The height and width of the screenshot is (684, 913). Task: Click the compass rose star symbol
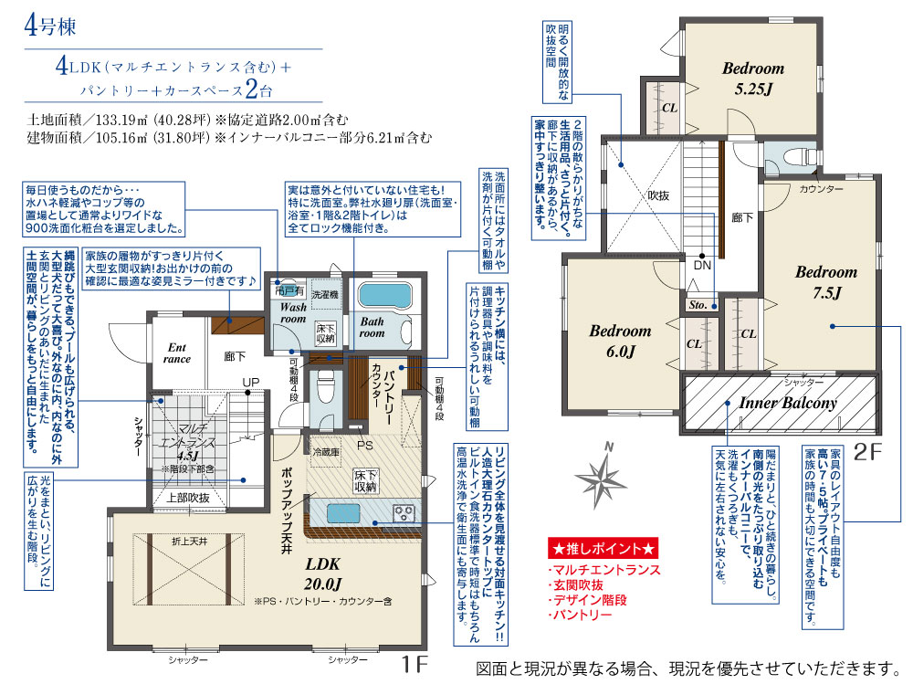(601, 479)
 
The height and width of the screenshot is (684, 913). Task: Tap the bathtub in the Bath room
(385, 295)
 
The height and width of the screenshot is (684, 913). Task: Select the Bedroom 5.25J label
(753, 78)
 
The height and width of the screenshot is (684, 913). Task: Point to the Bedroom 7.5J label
(826, 282)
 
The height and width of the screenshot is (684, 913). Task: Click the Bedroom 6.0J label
(620, 341)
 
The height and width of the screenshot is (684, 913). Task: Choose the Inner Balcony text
(788, 403)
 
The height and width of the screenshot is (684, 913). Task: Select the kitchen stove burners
(404, 513)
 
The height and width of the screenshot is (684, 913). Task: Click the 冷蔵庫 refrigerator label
(327, 451)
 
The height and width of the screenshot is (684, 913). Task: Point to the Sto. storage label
(698, 305)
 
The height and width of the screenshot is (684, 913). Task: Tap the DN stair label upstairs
(702, 265)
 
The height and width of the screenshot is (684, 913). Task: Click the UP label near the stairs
(251, 383)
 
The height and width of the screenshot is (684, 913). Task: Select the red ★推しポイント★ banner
(603, 548)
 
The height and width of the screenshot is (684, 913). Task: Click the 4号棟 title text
(50, 26)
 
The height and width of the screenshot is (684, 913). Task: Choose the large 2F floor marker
(867, 451)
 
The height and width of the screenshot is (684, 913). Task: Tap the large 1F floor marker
(414, 664)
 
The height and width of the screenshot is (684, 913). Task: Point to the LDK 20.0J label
(322, 574)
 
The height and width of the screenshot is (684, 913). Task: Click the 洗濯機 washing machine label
(325, 295)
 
